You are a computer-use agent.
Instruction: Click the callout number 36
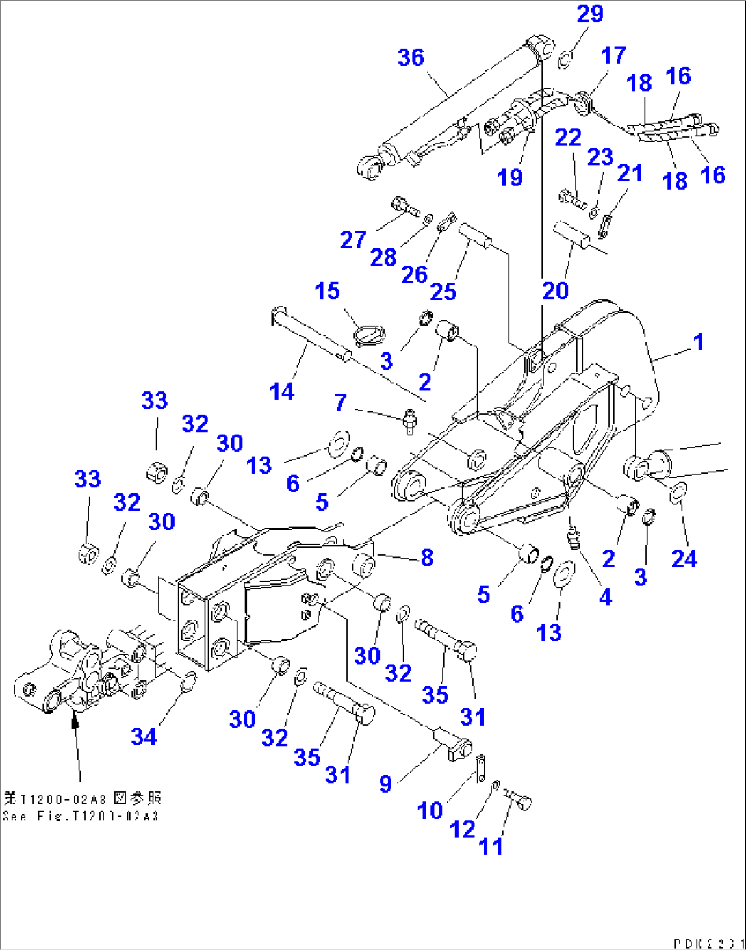411,58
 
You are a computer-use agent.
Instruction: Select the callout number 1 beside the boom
698,342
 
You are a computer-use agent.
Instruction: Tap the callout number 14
282,392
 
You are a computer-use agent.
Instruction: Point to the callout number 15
327,291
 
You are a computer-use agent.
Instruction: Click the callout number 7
340,402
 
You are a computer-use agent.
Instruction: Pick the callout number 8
427,558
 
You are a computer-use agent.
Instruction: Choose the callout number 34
144,737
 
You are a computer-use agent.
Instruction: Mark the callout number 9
386,784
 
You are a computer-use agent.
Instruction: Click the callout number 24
684,559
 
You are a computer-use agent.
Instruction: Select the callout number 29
590,14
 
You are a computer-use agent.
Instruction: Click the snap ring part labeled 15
370,335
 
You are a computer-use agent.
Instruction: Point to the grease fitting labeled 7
409,420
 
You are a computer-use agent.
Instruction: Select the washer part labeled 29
565,60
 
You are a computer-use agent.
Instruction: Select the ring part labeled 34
188,682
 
